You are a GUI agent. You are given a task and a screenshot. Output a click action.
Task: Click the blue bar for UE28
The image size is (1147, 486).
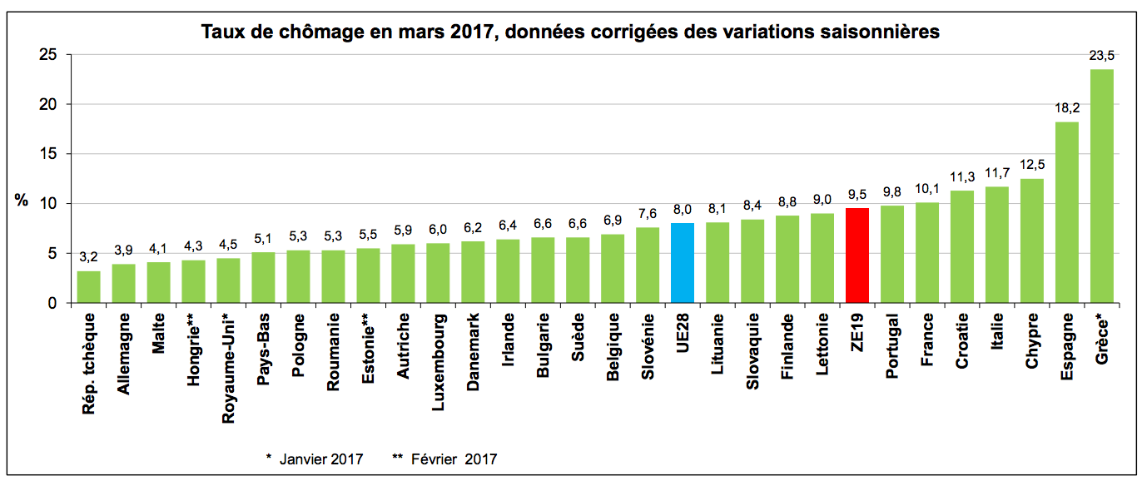682,263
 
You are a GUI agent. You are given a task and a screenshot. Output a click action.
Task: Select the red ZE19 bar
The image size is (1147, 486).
857,255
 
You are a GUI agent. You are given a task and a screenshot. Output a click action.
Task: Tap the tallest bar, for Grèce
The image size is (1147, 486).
1101,186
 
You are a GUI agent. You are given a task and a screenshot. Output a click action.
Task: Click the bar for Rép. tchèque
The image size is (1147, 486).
88,287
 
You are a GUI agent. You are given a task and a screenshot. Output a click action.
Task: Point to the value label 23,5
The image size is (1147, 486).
1101,57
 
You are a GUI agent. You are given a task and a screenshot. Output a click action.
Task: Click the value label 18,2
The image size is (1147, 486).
1066,109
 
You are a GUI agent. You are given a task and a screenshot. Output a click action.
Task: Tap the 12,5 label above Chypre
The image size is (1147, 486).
1031,166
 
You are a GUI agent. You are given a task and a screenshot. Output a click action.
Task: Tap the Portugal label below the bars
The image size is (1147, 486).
891,346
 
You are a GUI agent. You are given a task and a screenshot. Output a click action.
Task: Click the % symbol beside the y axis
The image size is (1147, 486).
22,201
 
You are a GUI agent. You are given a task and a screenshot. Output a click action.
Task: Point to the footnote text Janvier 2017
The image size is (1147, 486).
321,459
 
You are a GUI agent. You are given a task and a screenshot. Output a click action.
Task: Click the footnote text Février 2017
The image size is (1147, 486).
454,459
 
